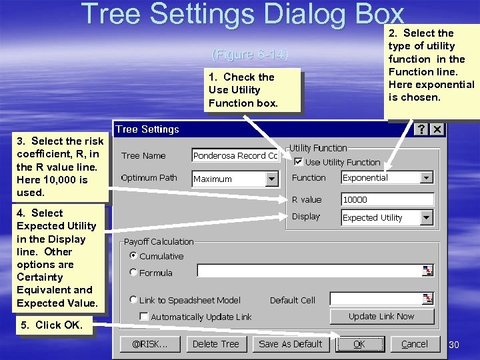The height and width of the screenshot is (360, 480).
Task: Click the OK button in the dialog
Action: pyautogui.click(x=359, y=344)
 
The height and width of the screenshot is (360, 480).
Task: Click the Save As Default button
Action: pyautogui.click(x=290, y=344)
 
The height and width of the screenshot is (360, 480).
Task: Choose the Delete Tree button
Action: pyautogui.click(x=215, y=344)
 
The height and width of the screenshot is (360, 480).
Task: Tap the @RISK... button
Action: pyautogui.click(x=150, y=344)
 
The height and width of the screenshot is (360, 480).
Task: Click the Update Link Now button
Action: pyautogui.click(x=381, y=316)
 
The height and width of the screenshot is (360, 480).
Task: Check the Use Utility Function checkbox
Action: pyautogui.click(x=299, y=162)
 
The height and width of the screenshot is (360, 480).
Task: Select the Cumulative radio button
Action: pyautogui.click(x=134, y=255)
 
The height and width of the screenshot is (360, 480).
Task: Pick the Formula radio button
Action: pyautogui.click(x=134, y=272)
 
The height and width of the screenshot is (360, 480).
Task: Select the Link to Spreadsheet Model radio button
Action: pyautogui.click(x=134, y=300)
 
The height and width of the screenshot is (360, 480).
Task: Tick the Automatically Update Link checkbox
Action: pyautogui.click(x=144, y=317)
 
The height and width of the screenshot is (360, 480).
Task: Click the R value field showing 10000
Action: pyautogui.click(x=387, y=199)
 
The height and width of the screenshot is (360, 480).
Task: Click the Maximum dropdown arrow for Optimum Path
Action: pyautogui.click(x=271, y=179)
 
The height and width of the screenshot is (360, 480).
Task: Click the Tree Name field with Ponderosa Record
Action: pyautogui.click(x=235, y=155)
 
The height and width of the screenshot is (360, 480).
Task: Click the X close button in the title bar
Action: pyautogui.click(x=437, y=129)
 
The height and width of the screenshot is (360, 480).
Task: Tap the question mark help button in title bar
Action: pyautogui.click(x=421, y=129)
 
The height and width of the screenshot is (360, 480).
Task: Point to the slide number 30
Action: pyautogui.click(x=455, y=345)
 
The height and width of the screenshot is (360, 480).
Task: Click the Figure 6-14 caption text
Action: pyautogui.click(x=249, y=55)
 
